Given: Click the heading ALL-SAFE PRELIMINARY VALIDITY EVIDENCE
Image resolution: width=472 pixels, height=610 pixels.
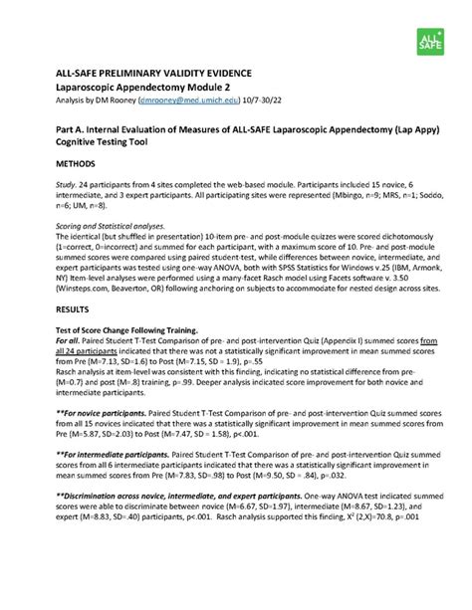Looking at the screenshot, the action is coord(145,75).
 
